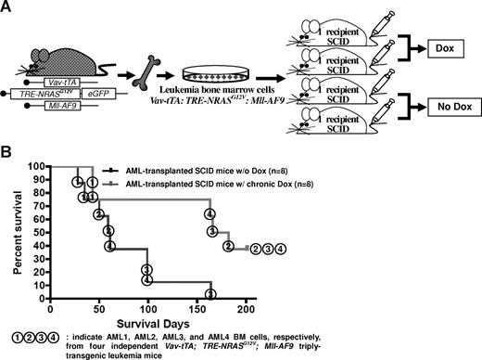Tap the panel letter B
coord(7,154)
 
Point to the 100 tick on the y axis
coord(46,167)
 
